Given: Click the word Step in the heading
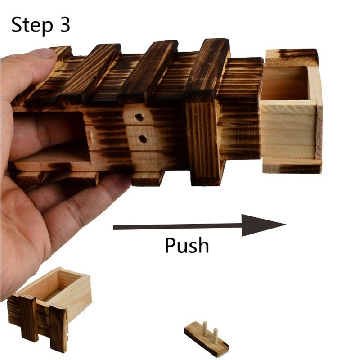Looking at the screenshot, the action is point(32,26).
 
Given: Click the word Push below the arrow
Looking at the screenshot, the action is point(187,245).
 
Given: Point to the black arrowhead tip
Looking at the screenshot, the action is point(286,224).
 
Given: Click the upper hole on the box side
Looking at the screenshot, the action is point(139,117).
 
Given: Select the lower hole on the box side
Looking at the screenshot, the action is point(143,139).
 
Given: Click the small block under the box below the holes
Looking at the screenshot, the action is point(148,179).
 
